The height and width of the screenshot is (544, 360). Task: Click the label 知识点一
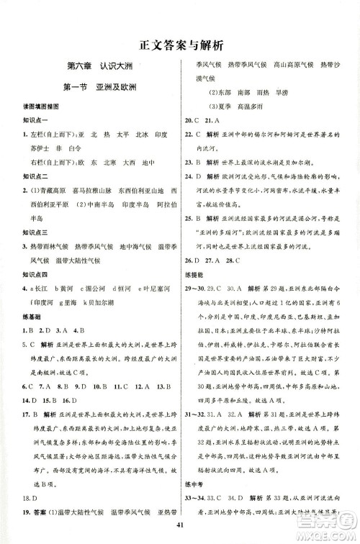27,120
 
